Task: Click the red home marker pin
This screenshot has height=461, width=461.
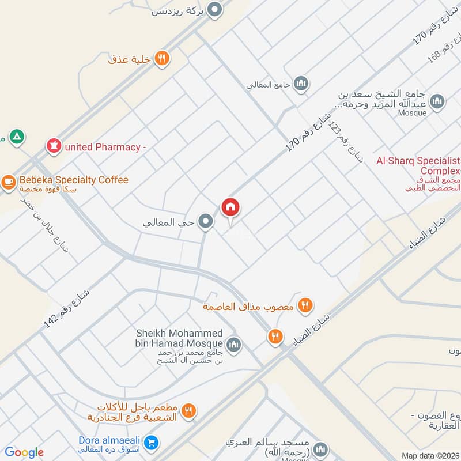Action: pos(231,207)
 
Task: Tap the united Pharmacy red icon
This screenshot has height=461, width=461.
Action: pos(54,146)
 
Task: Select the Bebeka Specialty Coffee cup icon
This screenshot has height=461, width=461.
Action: pos(8,181)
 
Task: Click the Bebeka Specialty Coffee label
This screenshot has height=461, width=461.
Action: pos(73,180)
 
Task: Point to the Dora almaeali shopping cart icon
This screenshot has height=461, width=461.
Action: pos(151,443)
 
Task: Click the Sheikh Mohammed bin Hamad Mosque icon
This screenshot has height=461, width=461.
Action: pos(233,345)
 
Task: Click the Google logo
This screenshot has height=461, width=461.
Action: pos(24,452)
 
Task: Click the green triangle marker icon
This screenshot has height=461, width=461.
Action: pos(18,137)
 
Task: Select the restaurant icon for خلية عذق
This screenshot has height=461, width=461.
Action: pos(161,58)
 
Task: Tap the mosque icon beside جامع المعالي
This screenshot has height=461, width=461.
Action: pos(300,85)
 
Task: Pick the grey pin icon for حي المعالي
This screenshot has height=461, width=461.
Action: pos(205,221)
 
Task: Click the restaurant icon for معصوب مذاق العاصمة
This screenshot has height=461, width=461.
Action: pos(305,306)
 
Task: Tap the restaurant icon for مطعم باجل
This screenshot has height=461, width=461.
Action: pos(188,411)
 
